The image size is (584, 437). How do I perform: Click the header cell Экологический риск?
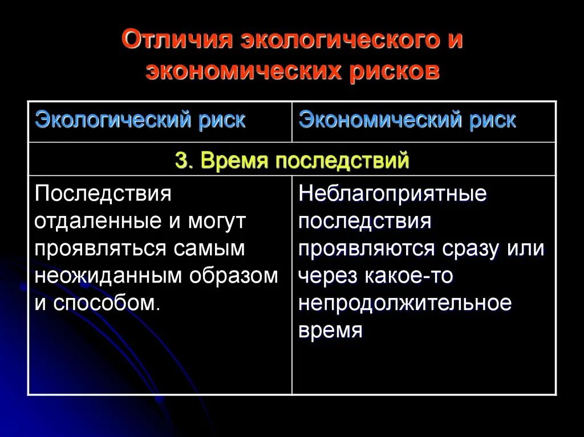click(x=140, y=121)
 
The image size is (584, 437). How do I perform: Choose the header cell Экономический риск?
click(x=407, y=121)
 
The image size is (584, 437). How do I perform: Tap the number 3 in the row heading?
click(x=181, y=161)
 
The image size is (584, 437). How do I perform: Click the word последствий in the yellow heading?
click(x=342, y=161)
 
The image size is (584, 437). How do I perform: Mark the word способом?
click(x=107, y=303)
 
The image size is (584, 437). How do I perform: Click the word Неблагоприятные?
click(x=392, y=194)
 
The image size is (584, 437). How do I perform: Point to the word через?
click(x=327, y=276)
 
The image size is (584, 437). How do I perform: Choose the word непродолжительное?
click(x=405, y=303)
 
